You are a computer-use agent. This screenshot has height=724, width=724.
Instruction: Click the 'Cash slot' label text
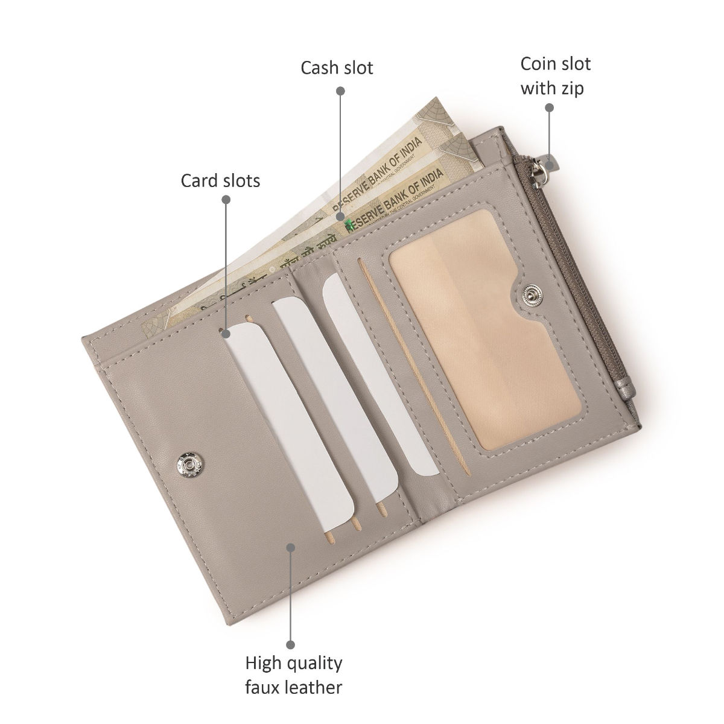click(337, 68)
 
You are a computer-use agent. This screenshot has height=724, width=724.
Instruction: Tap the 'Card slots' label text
click(220, 180)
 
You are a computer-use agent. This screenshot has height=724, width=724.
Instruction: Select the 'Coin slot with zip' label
click(555, 76)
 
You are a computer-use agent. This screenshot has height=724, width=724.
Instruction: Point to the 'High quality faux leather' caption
click(294, 675)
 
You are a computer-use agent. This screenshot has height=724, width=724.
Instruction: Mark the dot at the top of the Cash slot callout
click(340, 91)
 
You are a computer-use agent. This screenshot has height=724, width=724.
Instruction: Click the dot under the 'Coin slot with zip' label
click(549, 107)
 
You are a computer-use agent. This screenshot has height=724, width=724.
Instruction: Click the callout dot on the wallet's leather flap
click(291, 547)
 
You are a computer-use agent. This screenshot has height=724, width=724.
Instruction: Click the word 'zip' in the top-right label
click(570, 88)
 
